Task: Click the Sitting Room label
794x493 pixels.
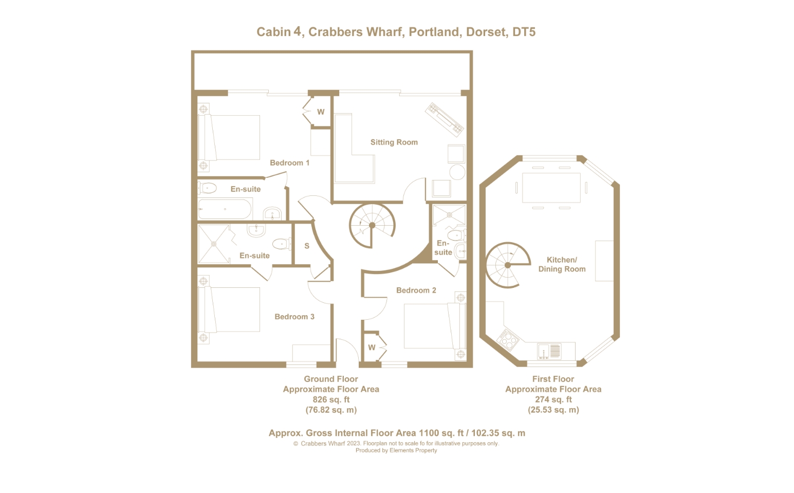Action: coord(394,142)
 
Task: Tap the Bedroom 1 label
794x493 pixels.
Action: coord(290,163)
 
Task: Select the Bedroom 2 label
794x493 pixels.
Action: coord(416,290)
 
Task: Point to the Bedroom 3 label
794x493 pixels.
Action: coord(294,317)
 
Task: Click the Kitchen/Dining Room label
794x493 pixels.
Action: coord(562,265)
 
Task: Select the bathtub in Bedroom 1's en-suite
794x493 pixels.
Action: coord(225,209)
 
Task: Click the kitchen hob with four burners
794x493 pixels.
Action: coord(508,339)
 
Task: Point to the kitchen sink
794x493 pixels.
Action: coord(549,351)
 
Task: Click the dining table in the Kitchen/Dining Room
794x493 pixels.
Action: coord(551,188)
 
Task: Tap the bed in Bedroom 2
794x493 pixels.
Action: coord(435,325)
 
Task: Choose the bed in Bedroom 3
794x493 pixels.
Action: coord(229,309)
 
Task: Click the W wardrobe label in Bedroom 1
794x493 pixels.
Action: coord(321,112)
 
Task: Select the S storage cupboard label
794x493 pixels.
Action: coord(307,246)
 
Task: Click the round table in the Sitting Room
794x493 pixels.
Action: coord(457,172)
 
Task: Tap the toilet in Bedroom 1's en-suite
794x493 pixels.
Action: coord(207,188)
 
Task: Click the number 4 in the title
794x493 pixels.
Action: coord(297,31)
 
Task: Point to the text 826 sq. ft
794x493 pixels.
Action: coord(331,400)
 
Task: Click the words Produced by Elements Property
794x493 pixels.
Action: coord(396,450)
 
